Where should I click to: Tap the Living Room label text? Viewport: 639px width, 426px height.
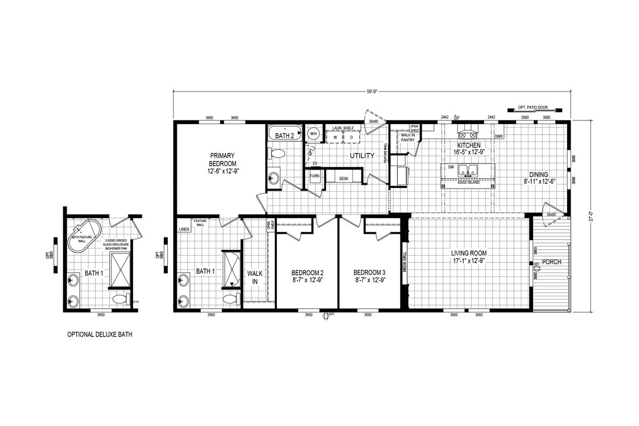tap(469, 257)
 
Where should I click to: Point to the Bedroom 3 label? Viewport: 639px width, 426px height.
tap(370, 276)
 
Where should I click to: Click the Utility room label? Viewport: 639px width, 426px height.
tap(362, 156)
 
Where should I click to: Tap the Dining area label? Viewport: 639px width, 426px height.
tap(538, 178)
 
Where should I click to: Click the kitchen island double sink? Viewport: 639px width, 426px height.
tap(468, 171)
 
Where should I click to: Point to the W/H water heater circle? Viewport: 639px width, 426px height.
tap(314, 134)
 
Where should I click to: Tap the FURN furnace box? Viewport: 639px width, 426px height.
tap(315, 176)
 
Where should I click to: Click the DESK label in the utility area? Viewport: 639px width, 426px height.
tap(344, 179)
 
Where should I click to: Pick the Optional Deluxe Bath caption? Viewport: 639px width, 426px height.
tap(100, 335)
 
